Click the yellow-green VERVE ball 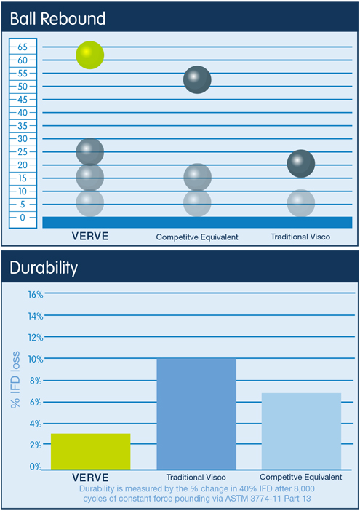90,55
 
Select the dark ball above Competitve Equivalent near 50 197,79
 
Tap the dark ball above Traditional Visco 301,163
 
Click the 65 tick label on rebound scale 23,47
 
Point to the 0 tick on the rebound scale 23,218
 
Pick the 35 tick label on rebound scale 23,125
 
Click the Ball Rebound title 57,19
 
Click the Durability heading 44,268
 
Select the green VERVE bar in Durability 90,451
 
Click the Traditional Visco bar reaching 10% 196,414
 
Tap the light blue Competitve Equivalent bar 301,431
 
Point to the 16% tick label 36,295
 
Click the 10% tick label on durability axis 36,359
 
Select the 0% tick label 36,467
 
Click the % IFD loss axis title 15,380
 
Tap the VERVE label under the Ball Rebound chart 90,236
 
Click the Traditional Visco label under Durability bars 196,478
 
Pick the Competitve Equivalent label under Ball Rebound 197,237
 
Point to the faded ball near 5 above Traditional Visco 301,202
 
